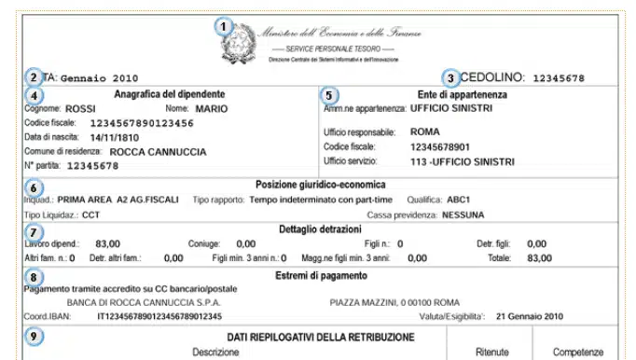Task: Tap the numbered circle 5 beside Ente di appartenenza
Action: click(x=327, y=94)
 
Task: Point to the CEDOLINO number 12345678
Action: click(x=559, y=78)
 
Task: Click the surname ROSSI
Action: click(x=79, y=108)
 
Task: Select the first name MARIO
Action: click(x=212, y=108)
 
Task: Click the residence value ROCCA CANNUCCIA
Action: click(x=159, y=150)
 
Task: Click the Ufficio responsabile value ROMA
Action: click(x=424, y=132)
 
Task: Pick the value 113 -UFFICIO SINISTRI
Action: click(x=462, y=161)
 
